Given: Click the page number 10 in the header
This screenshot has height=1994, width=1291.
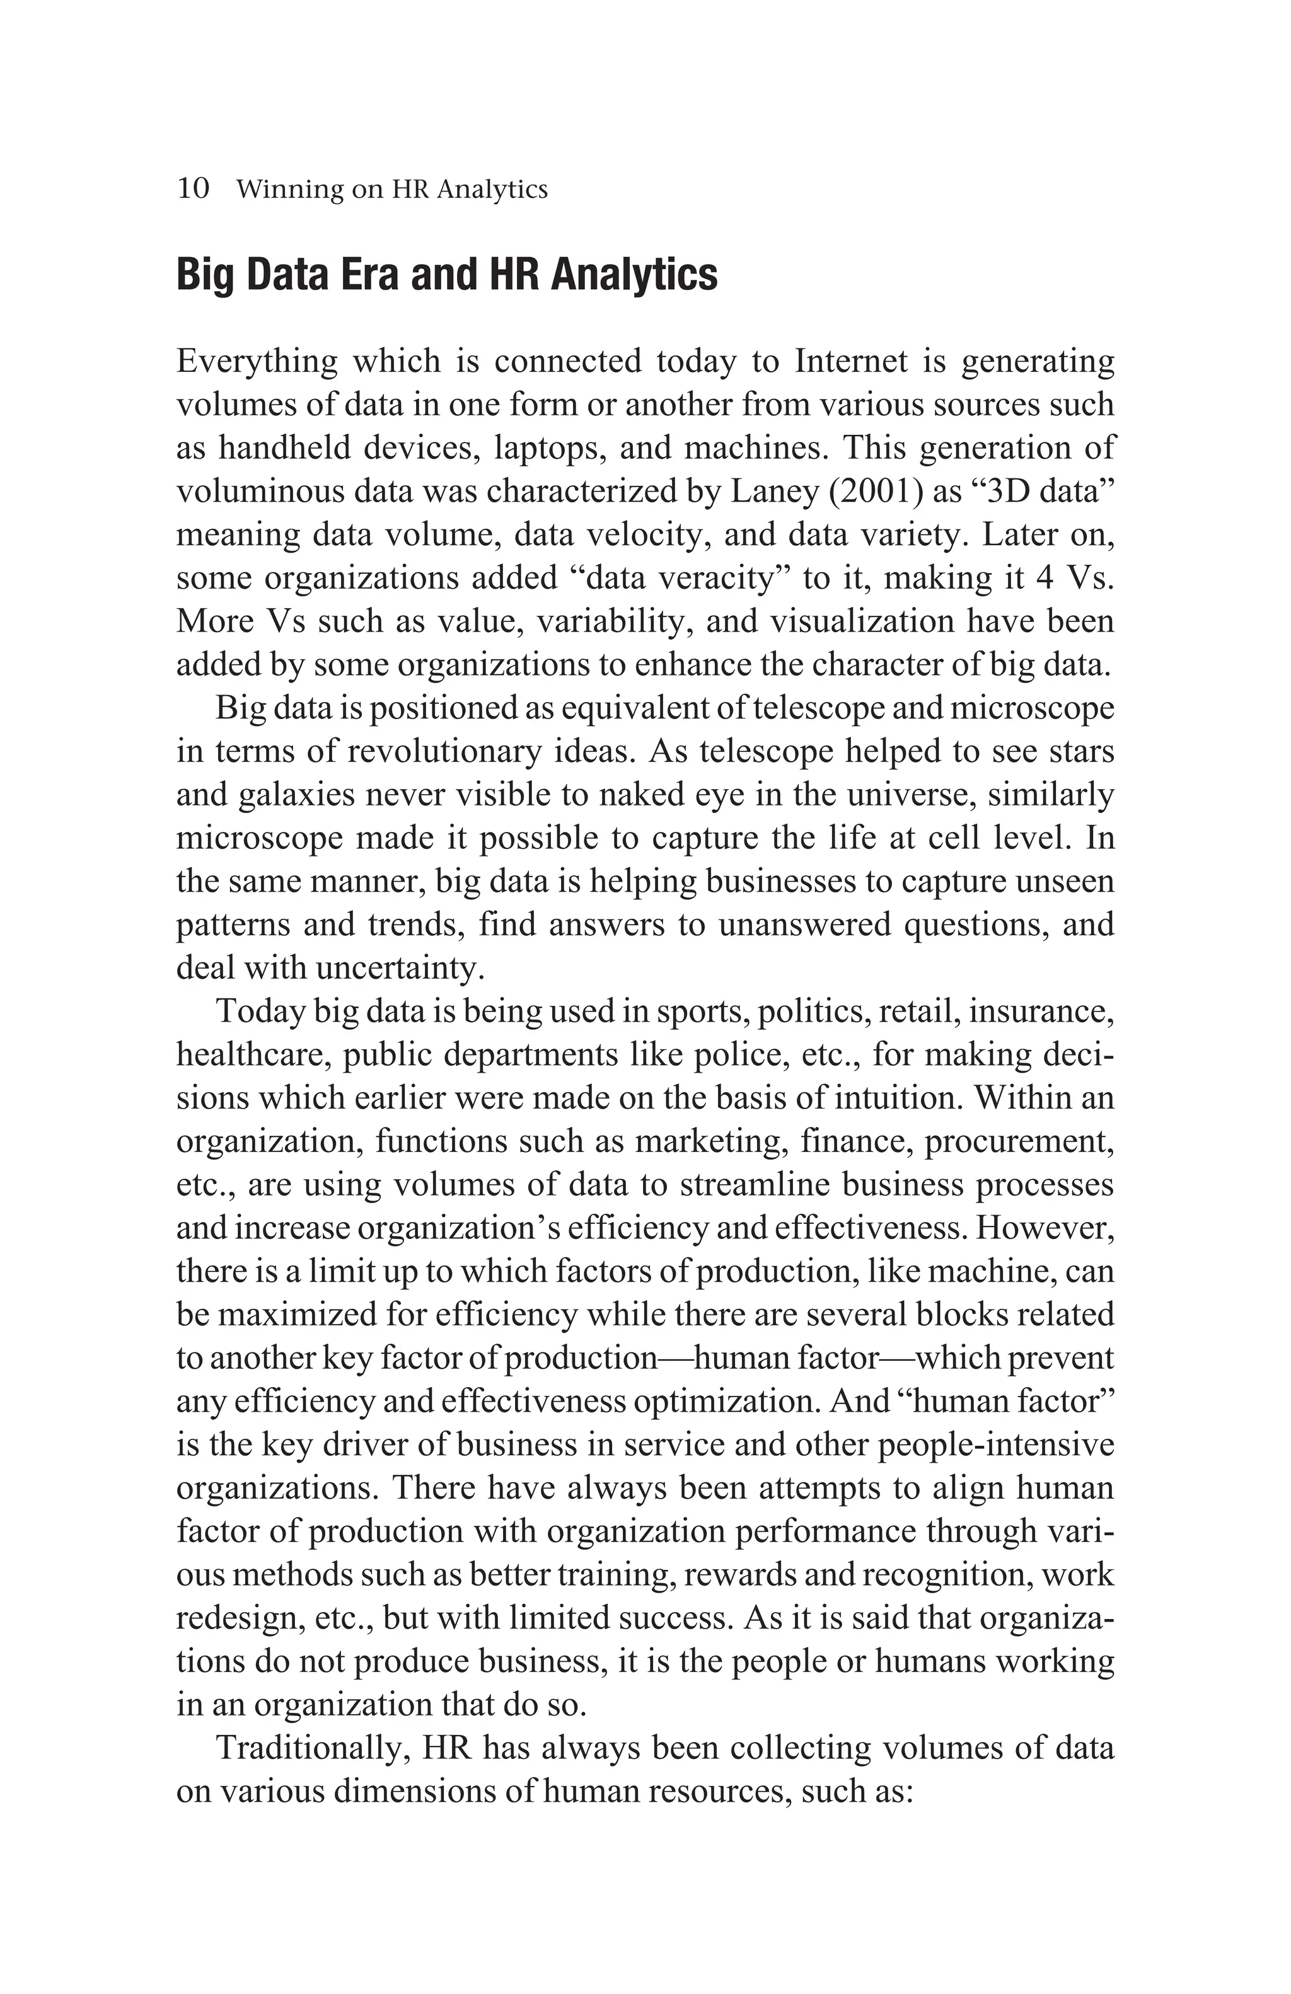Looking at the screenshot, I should (x=193, y=188).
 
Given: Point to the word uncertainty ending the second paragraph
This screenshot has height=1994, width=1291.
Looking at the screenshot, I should (x=400, y=969).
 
